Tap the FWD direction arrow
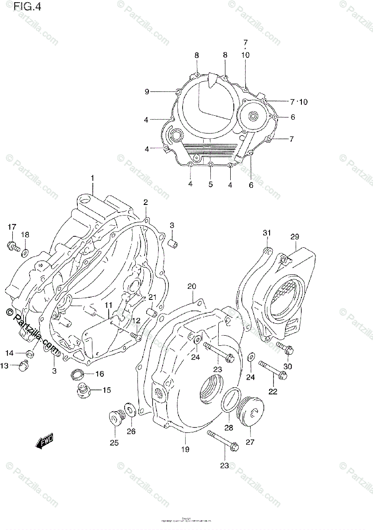coord(45,441)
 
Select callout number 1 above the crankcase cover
coord(93,178)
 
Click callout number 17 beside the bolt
coord(11,227)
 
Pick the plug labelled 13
coord(25,366)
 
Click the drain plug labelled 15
coord(84,391)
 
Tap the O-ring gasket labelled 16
coord(78,375)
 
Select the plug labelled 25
coord(115,417)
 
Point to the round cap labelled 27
coord(250,412)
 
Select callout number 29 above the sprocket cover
coord(295,237)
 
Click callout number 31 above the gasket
coord(266,233)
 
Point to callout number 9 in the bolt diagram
coord(147,91)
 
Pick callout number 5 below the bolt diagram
coord(210,184)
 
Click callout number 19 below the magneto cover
coord(185,450)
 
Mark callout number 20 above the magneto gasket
coord(191,286)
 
